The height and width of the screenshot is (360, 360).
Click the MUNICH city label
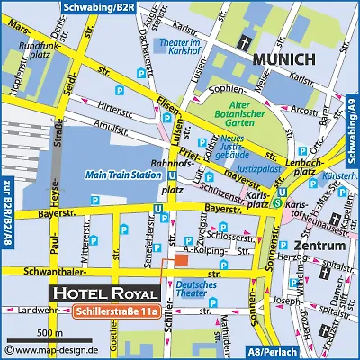click(283, 60)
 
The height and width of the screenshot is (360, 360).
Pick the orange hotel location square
click(181, 259)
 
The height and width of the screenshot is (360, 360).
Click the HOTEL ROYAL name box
click(106, 293)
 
